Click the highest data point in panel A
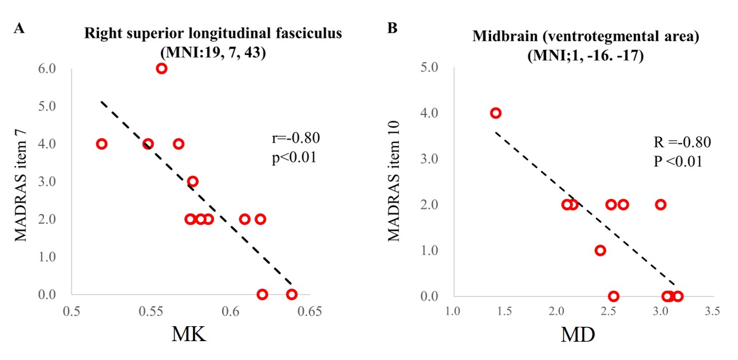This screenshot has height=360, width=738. coord(161,69)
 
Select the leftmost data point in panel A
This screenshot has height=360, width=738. coord(101,144)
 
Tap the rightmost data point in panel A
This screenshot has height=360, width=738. coord(291,294)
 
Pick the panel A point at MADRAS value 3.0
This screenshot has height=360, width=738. coord(193,181)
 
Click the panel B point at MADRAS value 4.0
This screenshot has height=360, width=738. coord(496,113)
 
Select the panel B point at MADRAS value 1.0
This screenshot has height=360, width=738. coord(600,250)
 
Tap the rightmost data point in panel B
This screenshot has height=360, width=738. coord(678,296)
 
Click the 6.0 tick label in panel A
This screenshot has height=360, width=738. coord(48,69)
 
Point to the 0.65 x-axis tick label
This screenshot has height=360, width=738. coord(310,312)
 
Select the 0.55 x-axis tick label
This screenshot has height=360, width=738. coord(151,312)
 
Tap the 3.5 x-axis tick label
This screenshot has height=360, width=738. coord(713,312)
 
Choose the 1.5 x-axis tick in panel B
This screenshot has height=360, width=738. coord(504,312)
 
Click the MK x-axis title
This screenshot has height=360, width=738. coord(189,334)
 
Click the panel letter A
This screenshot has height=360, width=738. coord(19,29)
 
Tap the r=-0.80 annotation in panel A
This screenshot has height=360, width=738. coord(295,138)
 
